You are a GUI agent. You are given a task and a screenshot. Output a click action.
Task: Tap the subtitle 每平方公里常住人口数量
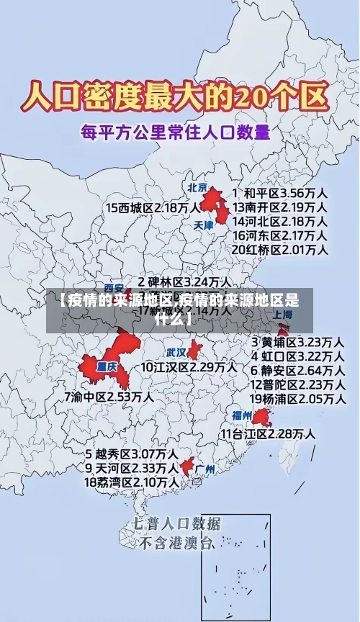click(x=176, y=132)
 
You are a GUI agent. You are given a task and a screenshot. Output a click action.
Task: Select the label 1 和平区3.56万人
click(x=280, y=193)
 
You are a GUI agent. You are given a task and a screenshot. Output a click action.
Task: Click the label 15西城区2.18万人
click(x=153, y=207)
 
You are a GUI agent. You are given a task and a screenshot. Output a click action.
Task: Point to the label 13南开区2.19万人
click(x=280, y=207)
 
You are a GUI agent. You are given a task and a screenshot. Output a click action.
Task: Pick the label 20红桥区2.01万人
click(x=280, y=249)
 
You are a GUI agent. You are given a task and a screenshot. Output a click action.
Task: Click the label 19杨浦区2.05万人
click(x=297, y=398)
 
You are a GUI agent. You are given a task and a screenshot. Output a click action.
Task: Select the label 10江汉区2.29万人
click(x=188, y=367)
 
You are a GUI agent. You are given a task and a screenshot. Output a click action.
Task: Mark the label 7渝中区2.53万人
click(x=108, y=396)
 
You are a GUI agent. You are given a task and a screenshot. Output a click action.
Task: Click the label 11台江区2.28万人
click(x=267, y=433)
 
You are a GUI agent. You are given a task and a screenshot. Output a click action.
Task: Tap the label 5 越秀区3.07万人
click(x=132, y=454)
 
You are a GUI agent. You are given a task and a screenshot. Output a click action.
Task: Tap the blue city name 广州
click(x=205, y=469)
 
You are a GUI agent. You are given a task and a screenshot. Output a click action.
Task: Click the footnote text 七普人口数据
click(x=176, y=523)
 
